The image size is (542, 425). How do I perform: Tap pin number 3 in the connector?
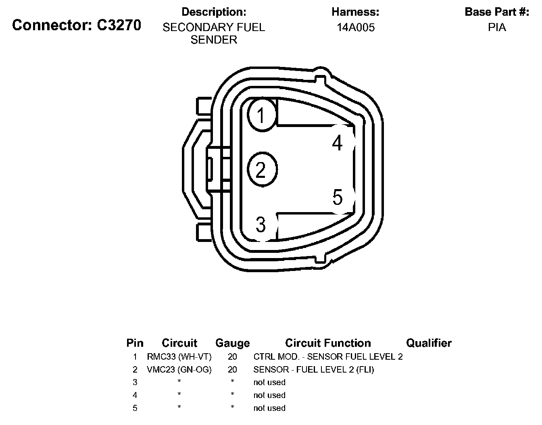[x=261, y=225]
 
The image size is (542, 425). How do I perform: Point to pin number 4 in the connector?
[x=338, y=143]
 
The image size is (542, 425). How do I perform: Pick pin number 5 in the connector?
[x=338, y=198]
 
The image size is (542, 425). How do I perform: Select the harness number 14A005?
[x=356, y=27]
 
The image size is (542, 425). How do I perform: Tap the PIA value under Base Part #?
[x=497, y=27]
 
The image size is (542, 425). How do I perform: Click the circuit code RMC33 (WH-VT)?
[x=179, y=356]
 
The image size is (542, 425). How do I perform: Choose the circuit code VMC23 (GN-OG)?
[x=179, y=369]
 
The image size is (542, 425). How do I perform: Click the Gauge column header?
[x=232, y=343]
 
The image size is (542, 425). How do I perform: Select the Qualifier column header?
[x=429, y=343]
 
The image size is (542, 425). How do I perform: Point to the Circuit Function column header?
[x=328, y=343]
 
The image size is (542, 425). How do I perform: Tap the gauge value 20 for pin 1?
[x=232, y=356]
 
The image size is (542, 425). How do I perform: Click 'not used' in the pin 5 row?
[x=269, y=408]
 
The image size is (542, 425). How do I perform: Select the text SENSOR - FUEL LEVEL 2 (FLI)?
[x=313, y=369]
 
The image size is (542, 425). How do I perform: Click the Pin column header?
[x=135, y=343]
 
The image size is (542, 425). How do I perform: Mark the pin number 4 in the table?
[x=135, y=395]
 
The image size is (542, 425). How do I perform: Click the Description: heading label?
[x=214, y=12]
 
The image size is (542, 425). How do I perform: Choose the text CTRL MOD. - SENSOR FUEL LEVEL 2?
[x=328, y=356]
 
